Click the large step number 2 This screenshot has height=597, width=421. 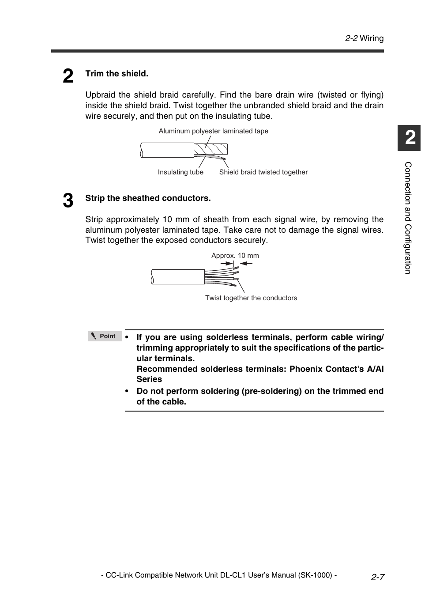tap(68, 76)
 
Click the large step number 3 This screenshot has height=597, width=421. tap(68, 201)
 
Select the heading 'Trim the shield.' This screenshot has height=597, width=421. tap(117, 74)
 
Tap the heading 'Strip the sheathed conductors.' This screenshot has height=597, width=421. tap(148, 198)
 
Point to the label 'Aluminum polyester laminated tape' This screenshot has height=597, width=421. tap(213, 131)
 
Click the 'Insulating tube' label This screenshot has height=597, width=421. tap(180, 172)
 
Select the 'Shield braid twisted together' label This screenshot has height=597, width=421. tap(263, 172)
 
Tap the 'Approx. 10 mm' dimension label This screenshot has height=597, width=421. tap(235, 256)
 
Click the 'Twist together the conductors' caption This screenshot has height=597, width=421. tap(251, 298)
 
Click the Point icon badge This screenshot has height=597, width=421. tap(105, 336)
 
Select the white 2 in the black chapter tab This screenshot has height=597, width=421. tap(410, 138)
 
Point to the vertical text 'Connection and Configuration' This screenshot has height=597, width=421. tap(408, 218)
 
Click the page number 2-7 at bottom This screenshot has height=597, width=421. tap(377, 577)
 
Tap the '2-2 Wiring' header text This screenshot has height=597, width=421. tap(364, 38)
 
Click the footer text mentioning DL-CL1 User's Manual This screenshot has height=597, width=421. tap(219, 575)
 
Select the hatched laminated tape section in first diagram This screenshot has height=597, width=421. tap(211, 149)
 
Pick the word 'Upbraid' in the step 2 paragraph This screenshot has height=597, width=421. tap(100, 95)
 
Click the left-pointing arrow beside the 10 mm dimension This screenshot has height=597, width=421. tap(246, 264)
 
